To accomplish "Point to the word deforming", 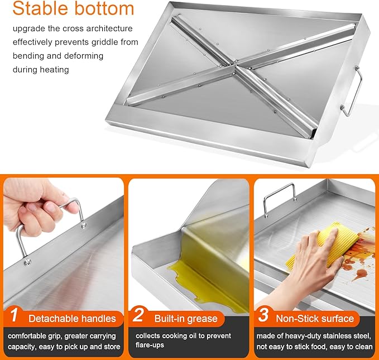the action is (x=80, y=56).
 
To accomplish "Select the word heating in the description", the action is (x=54, y=70).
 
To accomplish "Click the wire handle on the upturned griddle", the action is (x=356, y=92).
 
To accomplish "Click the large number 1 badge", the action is (x=15, y=315).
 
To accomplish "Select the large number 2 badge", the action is (x=138, y=315).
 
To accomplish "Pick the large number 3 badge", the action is (x=263, y=315).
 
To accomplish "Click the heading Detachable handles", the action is (x=72, y=319).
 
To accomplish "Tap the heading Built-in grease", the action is (x=186, y=319).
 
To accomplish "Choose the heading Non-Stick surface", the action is (x=315, y=319).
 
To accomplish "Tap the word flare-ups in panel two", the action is (x=150, y=345).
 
